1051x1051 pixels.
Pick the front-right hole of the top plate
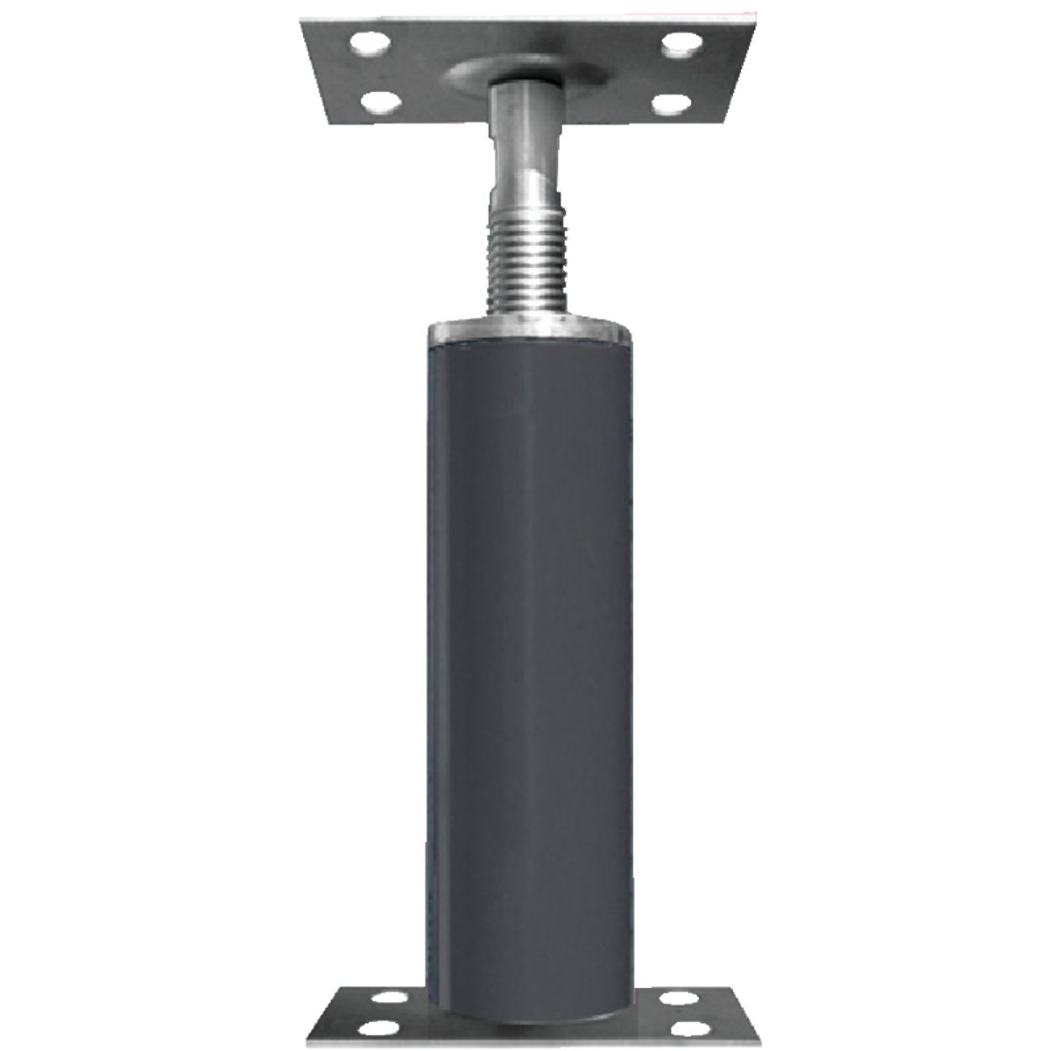pyautogui.click(x=672, y=105)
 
